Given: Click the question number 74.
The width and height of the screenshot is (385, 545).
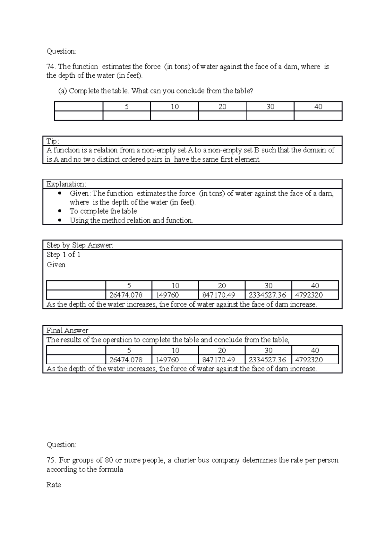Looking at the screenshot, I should pos(51,67).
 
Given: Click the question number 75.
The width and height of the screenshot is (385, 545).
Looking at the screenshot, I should pos(51,460).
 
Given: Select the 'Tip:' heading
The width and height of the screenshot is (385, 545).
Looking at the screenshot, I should pos(53,141).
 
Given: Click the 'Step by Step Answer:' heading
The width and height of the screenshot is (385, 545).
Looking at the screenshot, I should pos(80,246).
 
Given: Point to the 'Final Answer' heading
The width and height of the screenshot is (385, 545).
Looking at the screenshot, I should pos(67,331).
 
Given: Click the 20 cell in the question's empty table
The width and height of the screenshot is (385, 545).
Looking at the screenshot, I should pos(222,107).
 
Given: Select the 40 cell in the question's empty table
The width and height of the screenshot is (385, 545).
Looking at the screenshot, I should pos(318,107).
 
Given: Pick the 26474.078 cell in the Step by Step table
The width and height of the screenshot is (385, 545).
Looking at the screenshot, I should pos(126,295).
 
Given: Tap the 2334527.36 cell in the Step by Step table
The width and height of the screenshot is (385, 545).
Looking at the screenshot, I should pos(267,295).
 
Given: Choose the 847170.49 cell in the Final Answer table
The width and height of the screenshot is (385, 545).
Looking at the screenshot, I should pos(219,360).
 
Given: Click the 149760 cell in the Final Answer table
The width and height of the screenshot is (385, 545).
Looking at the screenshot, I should pos(167,360).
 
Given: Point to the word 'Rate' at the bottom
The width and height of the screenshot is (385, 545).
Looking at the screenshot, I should pos(54,485).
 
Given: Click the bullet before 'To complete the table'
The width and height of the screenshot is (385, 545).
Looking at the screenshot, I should pos(59,211).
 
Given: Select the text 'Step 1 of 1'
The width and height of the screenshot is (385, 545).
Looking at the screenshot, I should pos(63,255).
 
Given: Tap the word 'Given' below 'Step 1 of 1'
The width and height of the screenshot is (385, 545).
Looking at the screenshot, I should pos(56,265).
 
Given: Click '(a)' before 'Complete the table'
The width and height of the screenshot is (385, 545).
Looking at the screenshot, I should pos(63,91).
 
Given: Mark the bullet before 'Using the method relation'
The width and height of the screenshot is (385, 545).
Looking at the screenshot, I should pos(59,221).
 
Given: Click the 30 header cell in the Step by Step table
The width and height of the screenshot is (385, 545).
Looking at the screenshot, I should pos(268,286).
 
